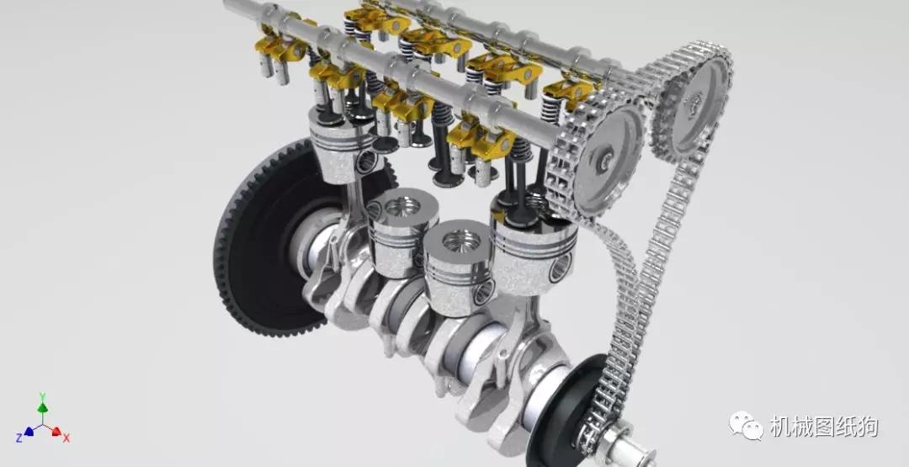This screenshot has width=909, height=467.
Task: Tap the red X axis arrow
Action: (x=56, y=431)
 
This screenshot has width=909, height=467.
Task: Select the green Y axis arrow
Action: (x=42, y=407)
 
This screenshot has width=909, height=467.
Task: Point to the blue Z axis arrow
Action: (x=29, y=432)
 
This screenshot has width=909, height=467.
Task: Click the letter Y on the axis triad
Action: (x=42, y=397)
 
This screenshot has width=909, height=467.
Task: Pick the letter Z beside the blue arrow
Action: (x=19, y=438)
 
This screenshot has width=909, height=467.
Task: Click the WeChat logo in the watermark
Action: (x=746, y=426)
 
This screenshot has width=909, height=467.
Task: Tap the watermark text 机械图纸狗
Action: (x=823, y=427)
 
